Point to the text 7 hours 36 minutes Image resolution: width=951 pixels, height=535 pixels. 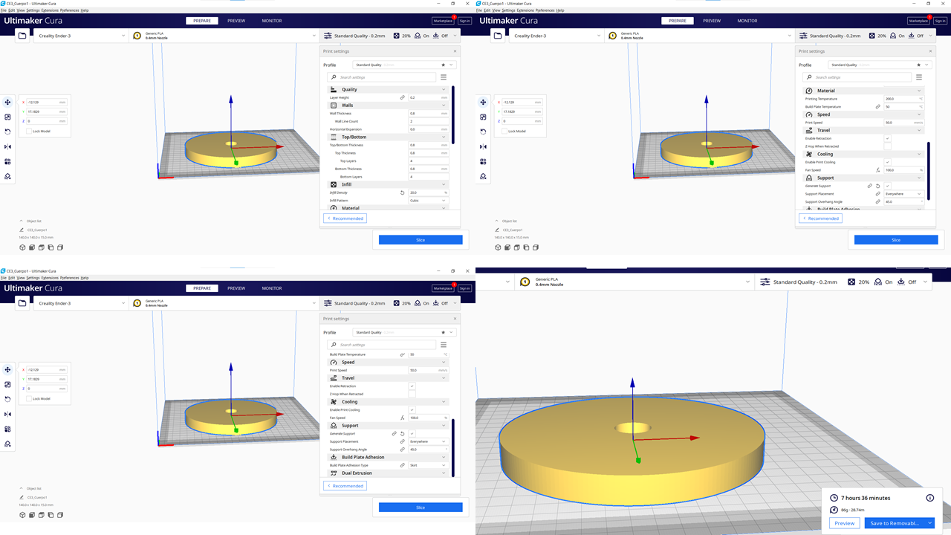point(865,498)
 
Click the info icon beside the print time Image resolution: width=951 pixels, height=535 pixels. point(929,498)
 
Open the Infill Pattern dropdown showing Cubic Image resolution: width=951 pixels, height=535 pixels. point(428,201)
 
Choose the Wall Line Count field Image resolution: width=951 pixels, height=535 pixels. point(428,121)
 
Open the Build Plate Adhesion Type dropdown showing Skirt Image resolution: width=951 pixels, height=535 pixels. point(428,465)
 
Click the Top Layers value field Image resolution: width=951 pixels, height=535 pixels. point(428,161)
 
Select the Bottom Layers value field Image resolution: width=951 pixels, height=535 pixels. point(428,177)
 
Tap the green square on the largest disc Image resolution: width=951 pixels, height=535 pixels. point(638,459)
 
